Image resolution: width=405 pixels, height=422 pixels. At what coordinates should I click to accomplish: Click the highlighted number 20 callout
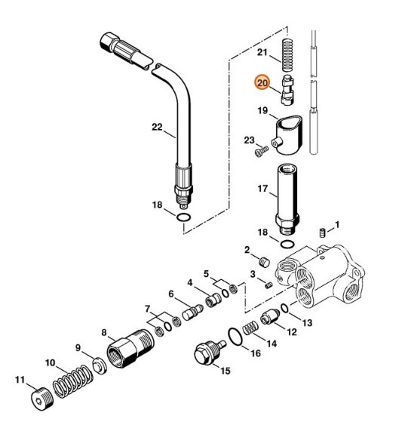(262, 83)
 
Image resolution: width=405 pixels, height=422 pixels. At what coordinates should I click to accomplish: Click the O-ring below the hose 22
(182, 219)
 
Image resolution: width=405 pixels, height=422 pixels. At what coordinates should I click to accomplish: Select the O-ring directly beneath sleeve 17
(287, 245)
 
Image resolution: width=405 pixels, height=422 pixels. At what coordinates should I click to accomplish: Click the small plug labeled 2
(265, 261)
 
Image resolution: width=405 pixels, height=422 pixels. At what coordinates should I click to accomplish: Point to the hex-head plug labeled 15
(204, 356)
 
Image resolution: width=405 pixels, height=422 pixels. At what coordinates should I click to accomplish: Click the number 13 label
(306, 322)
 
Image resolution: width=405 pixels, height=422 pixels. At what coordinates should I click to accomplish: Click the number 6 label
(171, 294)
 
